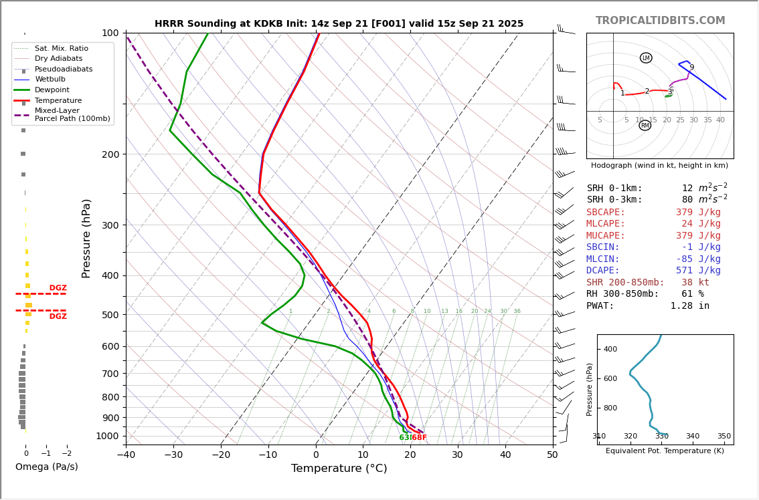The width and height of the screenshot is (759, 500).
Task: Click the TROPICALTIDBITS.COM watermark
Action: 660,21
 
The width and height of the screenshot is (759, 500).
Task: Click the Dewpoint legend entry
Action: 52,90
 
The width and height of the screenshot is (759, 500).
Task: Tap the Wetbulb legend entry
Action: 50,80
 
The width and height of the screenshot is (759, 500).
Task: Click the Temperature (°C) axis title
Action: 339,469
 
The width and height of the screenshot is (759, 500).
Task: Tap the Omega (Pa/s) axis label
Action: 46,467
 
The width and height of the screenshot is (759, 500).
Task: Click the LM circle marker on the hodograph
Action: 646,58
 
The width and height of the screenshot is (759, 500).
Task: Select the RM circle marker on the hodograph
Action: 645,126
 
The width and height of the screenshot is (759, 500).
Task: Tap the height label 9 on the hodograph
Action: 691,68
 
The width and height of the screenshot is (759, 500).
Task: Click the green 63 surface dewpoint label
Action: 404,438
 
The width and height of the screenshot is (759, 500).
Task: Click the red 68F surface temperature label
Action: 419,438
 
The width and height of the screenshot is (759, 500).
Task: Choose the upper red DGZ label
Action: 58,288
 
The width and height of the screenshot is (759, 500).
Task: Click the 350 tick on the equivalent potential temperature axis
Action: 724,436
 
